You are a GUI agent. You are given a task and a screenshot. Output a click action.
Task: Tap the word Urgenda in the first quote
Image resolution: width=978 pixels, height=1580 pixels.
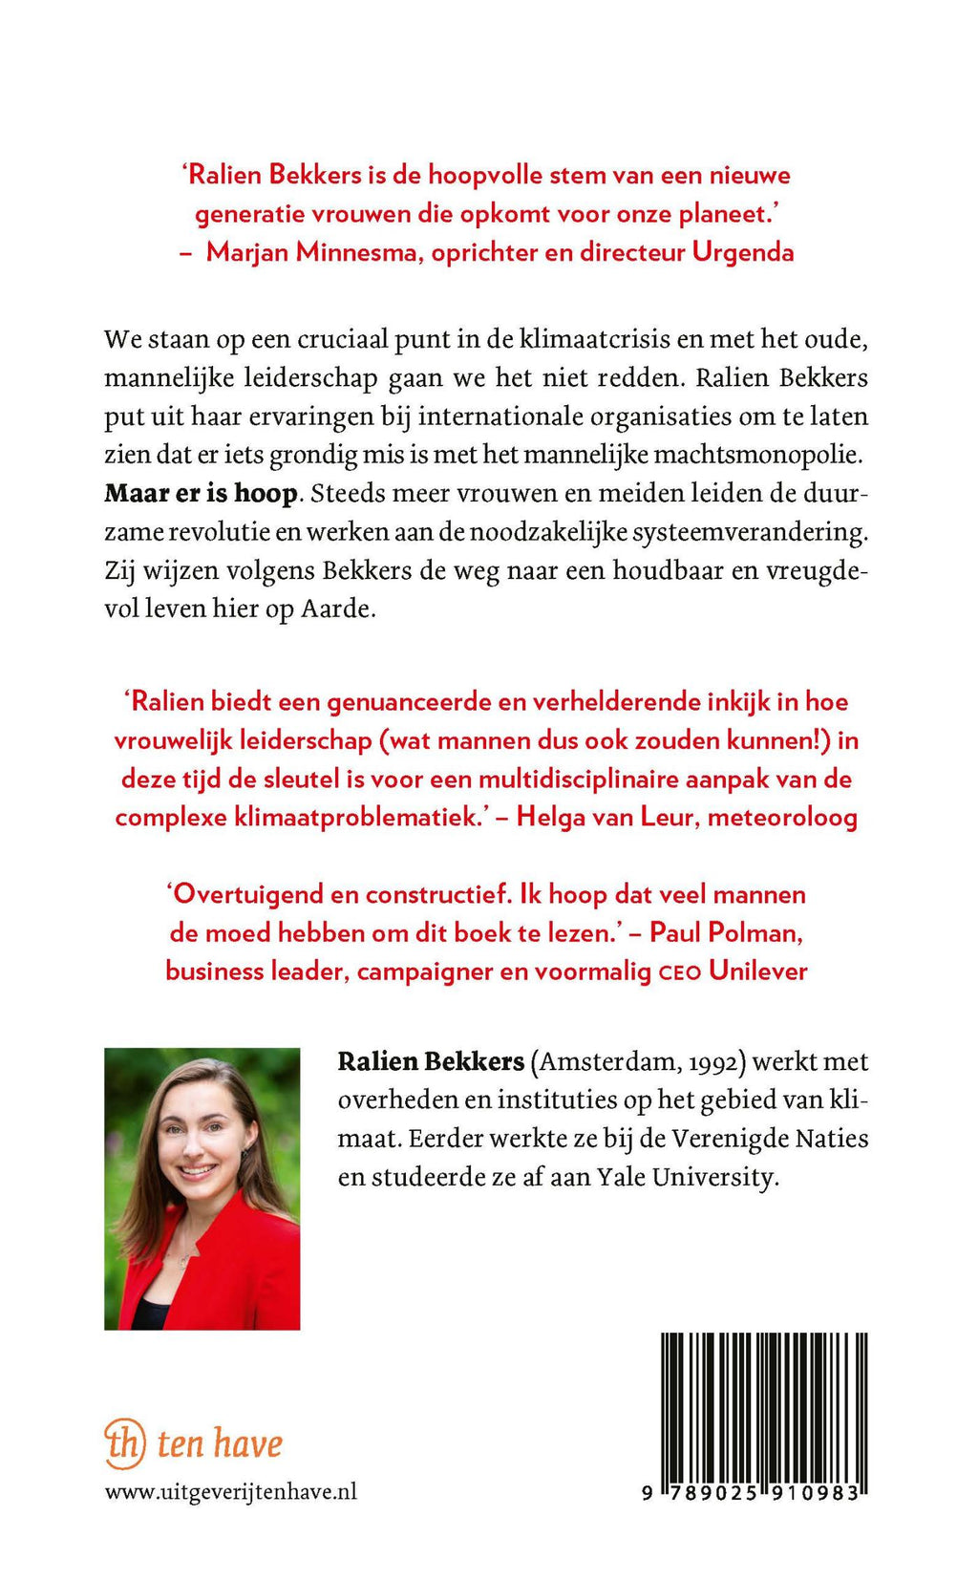click(743, 252)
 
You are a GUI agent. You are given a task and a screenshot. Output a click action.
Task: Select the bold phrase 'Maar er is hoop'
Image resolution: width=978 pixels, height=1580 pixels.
click(202, 494)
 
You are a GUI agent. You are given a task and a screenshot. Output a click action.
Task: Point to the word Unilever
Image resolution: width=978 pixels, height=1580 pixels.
click(758, 971)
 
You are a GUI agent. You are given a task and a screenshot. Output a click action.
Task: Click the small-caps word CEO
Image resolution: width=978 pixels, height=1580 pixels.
click(680, 973)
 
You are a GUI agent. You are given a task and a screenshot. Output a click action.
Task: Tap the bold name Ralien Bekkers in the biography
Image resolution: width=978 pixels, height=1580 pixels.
click(431, 1061)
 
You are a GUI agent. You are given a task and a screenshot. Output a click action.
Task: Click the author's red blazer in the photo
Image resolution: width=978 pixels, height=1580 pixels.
click(239, 1270)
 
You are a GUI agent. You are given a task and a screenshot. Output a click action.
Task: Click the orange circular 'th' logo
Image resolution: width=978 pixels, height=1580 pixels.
click(125, 1442)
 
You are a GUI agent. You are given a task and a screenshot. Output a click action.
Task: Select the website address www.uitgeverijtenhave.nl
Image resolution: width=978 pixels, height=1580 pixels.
click(231, 1491)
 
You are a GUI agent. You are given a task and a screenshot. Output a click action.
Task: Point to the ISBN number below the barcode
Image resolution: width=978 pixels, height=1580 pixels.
click(754, 1492)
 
